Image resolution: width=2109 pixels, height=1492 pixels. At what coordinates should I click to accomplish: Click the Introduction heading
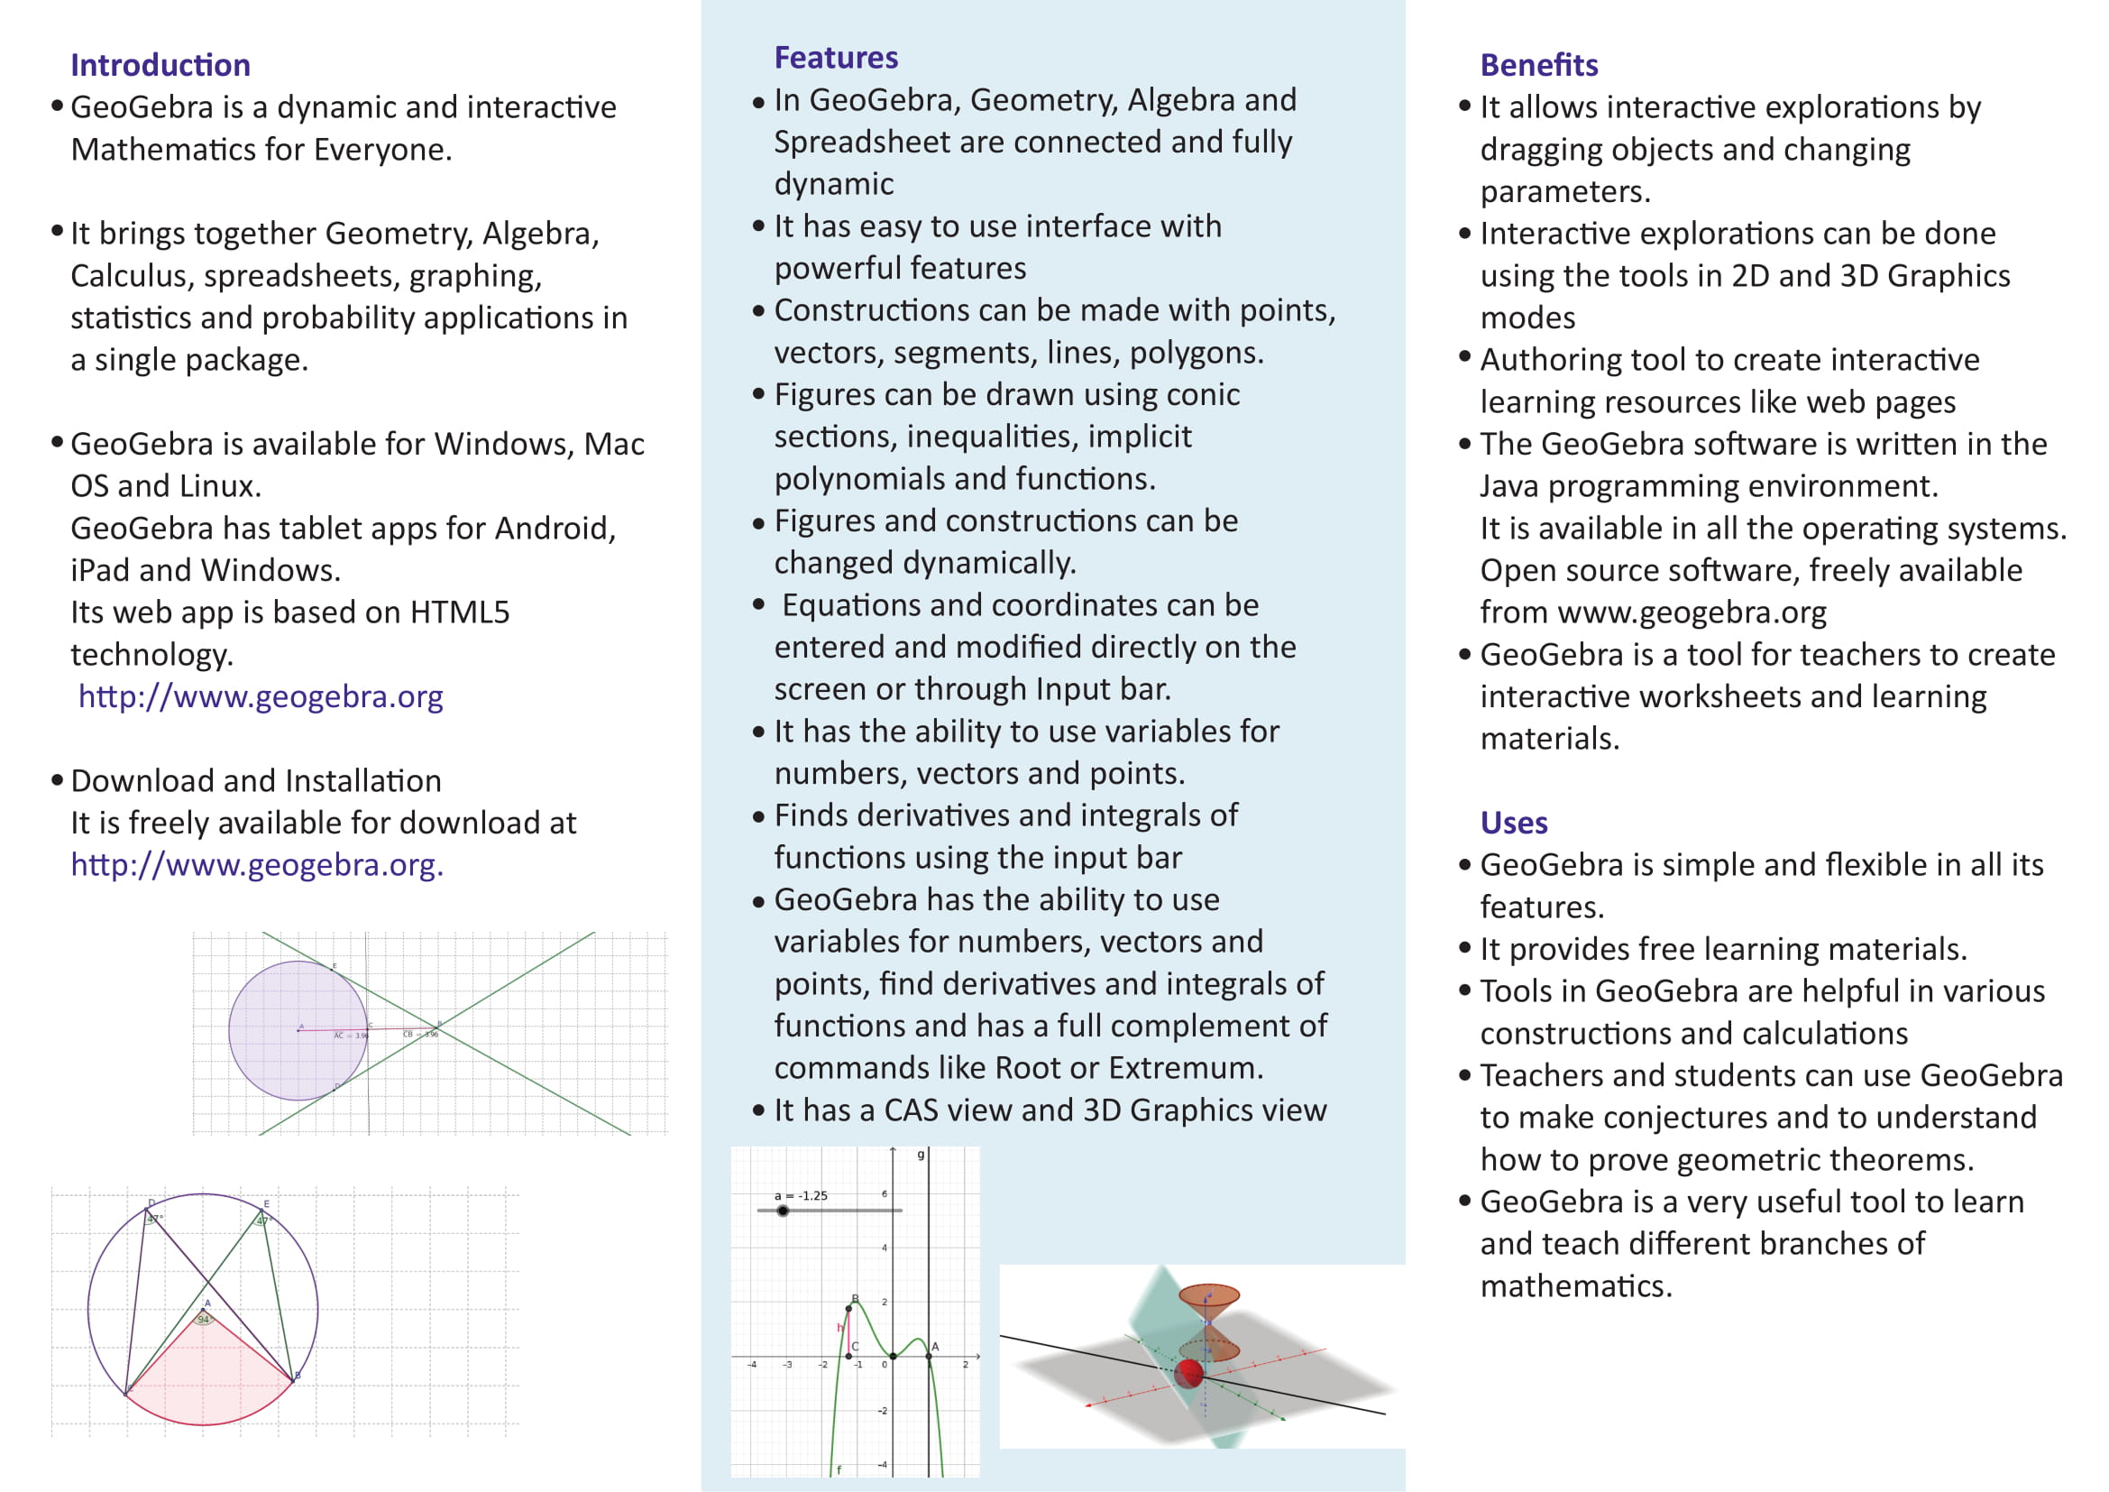[160, 65]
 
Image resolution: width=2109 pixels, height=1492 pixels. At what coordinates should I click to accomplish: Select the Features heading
[836, 58]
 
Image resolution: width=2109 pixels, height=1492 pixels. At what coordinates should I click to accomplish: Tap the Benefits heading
[1538, 65]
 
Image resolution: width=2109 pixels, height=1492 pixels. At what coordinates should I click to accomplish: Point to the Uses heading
[1514, 824]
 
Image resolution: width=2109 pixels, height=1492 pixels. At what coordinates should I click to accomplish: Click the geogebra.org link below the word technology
[261, 697]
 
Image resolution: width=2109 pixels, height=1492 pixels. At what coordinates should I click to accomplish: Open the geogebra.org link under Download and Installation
[257, 865]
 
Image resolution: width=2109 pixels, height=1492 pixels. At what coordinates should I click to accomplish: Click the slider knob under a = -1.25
[783, 1211]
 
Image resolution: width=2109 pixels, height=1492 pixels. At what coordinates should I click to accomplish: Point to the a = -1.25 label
[801, 1195]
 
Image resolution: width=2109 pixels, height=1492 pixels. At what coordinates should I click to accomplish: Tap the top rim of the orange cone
[1209, 1291]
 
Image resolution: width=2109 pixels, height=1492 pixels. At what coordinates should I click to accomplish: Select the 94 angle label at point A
[203, 1320]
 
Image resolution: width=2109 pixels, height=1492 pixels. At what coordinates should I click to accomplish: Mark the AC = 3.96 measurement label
[350, 1036]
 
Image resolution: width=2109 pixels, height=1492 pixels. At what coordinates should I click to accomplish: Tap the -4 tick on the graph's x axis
[752, 1364]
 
